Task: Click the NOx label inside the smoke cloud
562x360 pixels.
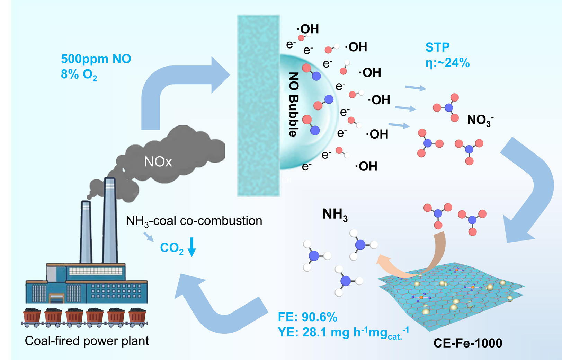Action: click(158, 162)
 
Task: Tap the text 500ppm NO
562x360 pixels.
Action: click(96, 59)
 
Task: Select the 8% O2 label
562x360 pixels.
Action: click(79, 74)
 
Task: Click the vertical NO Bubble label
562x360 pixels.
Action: click(293, 104)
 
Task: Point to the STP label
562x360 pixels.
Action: click(437, 47)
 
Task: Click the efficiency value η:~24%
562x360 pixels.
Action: click(447, 63)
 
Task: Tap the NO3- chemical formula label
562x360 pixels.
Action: click(480, 120)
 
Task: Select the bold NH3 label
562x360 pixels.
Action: click(335, 214)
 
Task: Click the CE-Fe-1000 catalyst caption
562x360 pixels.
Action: click(468, 343)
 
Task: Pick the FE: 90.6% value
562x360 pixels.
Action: click(307, 317)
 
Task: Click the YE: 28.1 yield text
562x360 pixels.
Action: click(343, 332)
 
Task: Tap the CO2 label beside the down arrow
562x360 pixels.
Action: click(172, 248)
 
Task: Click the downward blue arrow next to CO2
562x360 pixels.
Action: click(191, 247)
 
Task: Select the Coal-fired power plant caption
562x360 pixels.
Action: click(87, 341)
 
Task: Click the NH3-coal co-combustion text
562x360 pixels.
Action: click(194, 221)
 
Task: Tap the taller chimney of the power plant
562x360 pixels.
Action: click(110, 222)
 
